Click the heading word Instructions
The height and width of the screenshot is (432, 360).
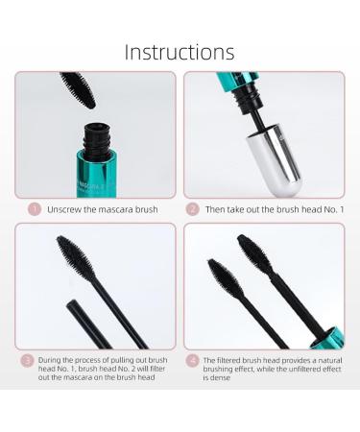[180, 50]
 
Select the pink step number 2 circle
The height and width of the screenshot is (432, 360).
[193, 207]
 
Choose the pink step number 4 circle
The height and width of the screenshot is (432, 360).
[192, 360]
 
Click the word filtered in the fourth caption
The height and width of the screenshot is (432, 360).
[235, 360]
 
